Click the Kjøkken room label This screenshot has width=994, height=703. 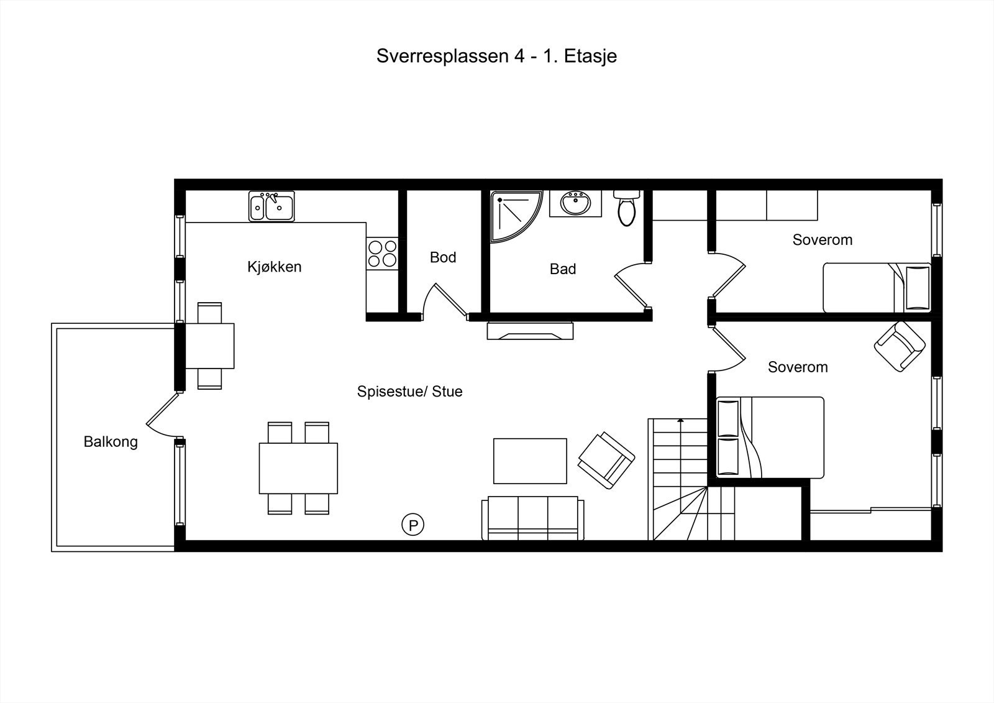[274, 267]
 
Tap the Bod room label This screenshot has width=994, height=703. [443, 257]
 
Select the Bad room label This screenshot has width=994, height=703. [562, 269]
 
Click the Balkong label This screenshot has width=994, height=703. [111, 442]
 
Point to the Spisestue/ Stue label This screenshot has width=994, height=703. [409, 392]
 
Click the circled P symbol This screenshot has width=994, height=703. [413, 525]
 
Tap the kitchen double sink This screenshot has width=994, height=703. [271, 207]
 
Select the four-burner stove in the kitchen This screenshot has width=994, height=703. [382, 254]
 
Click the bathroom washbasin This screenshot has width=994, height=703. [575, 203]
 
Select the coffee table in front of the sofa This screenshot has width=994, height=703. [530, 461]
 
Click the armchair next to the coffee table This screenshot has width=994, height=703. [606, 460]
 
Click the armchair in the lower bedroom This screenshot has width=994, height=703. [900, 346]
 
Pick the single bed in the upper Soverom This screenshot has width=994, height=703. [877, 287]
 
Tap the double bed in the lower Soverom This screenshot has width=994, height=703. [770, 437]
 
